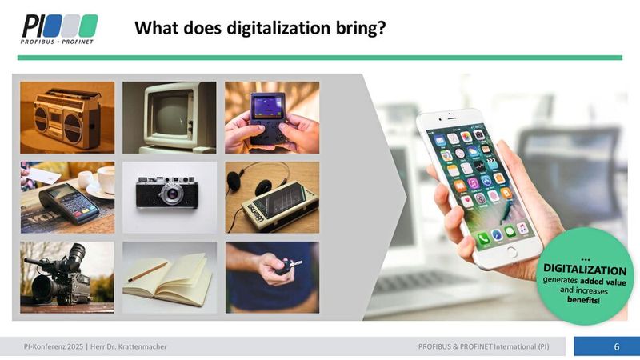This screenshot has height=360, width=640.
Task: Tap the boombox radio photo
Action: [67, 117]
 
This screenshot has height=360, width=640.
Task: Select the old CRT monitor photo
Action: [169, 117]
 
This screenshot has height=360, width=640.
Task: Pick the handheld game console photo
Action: [271, 117]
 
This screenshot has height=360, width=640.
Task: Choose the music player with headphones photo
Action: [271, 198]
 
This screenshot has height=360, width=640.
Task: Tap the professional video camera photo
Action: [67, 277]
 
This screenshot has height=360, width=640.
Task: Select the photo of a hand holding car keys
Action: [271, 277]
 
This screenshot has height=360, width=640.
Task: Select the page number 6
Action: [617, 346]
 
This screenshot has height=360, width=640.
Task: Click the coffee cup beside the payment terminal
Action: [102, 180]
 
